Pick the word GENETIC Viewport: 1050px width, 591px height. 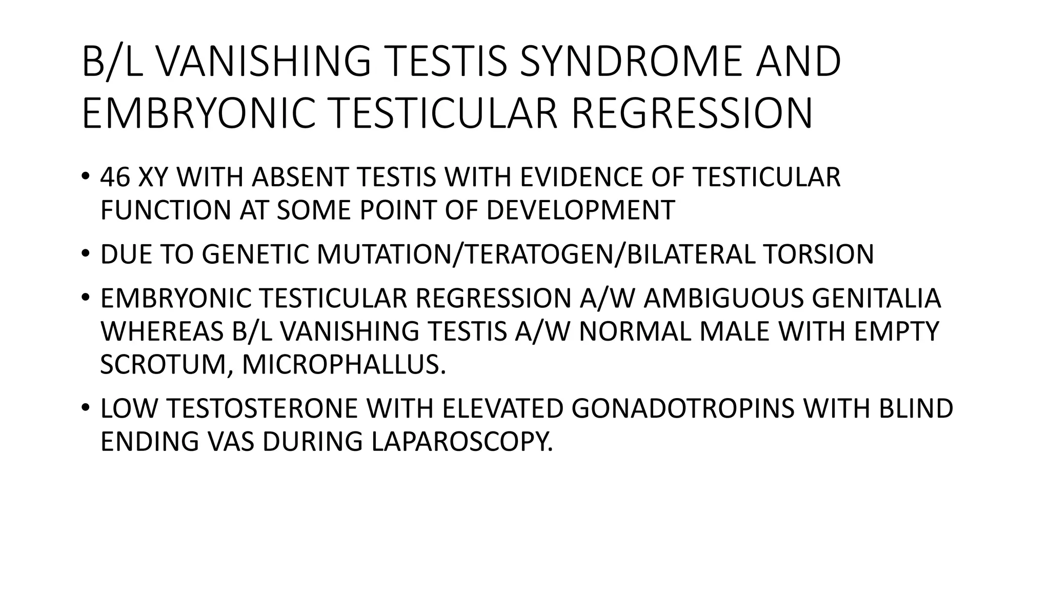[256, 254]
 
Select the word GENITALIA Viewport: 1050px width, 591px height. [877, 299]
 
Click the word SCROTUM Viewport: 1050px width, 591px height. [166, 364]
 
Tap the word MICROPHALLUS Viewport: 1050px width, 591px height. [340, 364]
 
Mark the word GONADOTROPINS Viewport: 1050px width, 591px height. [683, 409]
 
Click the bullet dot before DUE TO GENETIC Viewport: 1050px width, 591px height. [85, 253]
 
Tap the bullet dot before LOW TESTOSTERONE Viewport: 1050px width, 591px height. [85, 408]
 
